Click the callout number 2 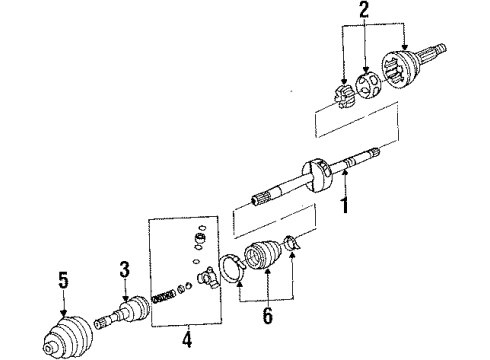coord(364,11)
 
